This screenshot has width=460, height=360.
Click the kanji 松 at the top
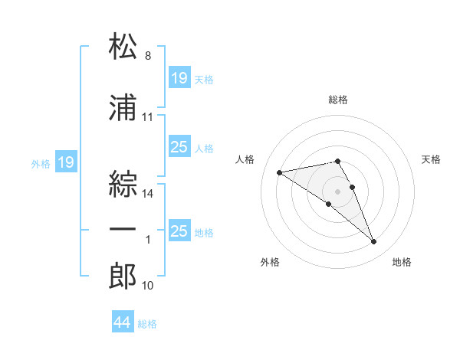point(123,45)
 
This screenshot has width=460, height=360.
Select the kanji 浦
point(123,107)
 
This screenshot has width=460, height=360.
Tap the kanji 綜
point(123,184)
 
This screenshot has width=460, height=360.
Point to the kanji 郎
point(123,276)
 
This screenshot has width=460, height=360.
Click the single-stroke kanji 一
point(123,229)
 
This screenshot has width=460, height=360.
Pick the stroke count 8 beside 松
point(148,56)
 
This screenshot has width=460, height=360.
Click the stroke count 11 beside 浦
point(147,117)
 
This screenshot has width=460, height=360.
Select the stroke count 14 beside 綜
point(147,194)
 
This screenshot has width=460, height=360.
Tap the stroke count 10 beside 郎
point(147,286)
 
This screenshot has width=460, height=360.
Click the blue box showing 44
point(123,321)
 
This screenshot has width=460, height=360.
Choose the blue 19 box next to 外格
point(66,162)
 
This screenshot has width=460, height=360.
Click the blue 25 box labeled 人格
point(180,146)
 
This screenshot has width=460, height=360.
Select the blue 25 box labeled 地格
point(180,230)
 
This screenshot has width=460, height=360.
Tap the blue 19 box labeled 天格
point(180,77)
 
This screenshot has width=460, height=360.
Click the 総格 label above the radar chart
point(338,100)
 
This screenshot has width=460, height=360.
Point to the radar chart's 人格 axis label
point(245,159)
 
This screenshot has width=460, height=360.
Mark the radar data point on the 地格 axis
point(374,241)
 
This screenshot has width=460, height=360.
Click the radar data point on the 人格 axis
point(279,172)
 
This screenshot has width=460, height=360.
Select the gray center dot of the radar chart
point(337,191)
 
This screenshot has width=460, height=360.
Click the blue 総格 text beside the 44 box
point(147,324)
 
